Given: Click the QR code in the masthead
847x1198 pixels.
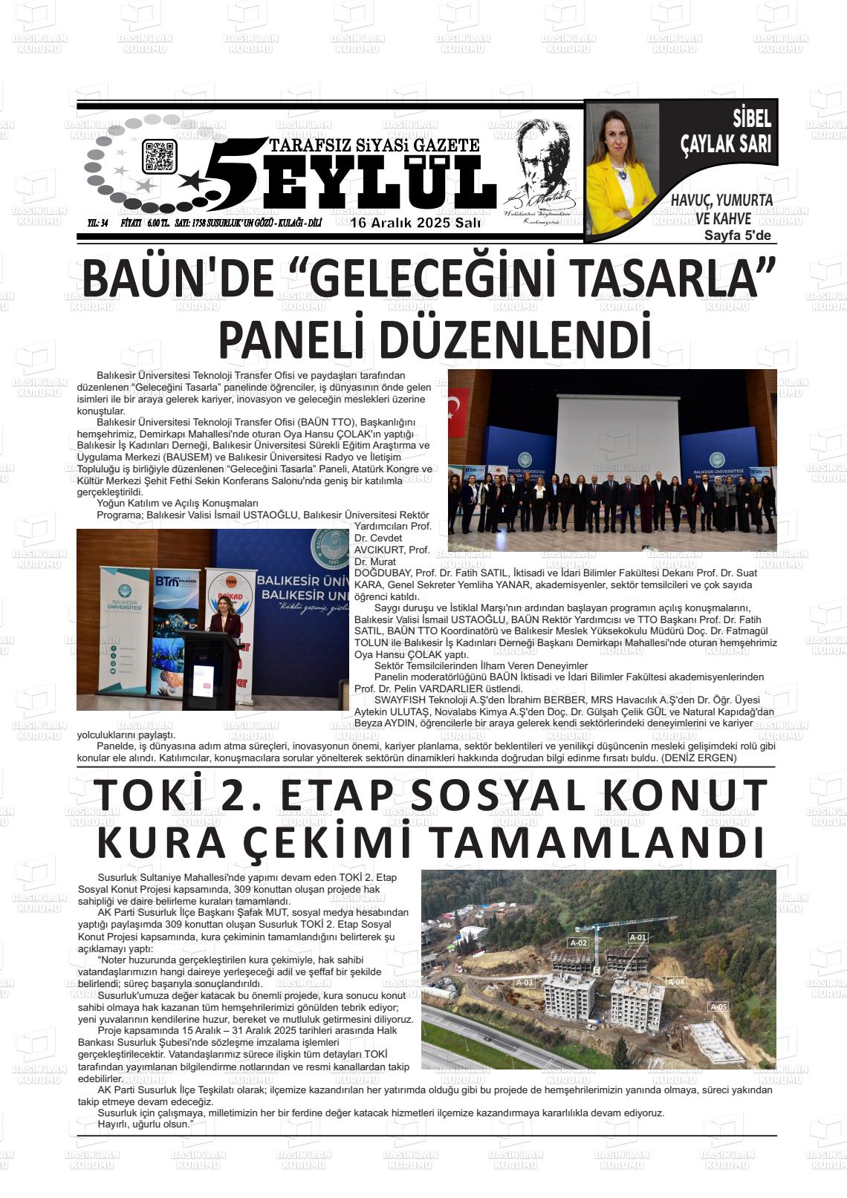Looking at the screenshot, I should pyautogui.click(x=159, y=157).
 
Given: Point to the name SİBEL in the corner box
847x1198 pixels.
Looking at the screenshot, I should pyautogui.click(x=752, y=118).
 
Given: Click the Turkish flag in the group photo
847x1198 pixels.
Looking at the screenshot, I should pyautogui.click(x=458, y=410).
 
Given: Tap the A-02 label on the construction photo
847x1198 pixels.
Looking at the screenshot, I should pyautogui.click(x=578, y=943).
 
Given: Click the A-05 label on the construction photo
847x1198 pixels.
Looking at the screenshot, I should pyautogui.click(x=718, y=1007).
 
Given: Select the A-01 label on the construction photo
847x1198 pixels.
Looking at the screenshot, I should pyautogui.click(x=638, y=937).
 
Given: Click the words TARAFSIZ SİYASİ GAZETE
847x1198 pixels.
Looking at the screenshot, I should pyautogui.click(x=374, y=145).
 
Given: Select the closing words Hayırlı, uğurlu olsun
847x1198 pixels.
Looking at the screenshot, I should pyautogui.click(x=145, y=1124).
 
